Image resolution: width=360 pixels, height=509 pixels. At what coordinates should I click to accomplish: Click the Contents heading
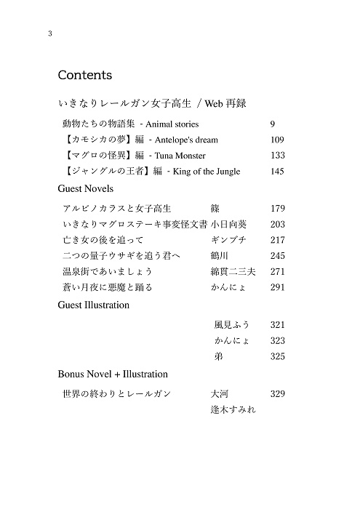pyautogui.click(x=84, y=75)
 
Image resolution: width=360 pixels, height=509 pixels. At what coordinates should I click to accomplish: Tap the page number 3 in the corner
pyautogui.click(x=49, y=34)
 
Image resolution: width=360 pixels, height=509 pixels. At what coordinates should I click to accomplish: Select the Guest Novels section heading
pyautogui.click(x=85, y=188)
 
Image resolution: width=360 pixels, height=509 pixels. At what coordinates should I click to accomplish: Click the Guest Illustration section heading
pyautogui.click(x=93, y=305)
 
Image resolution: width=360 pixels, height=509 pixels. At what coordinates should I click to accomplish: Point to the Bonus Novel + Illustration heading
pyautogui.click(x=113, y=374)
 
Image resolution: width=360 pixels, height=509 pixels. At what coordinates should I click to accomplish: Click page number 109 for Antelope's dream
pyautogui.click(x=276, y=140)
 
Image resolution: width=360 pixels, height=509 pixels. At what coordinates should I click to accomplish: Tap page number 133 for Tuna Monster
pyautogui.click(x=276, y=156)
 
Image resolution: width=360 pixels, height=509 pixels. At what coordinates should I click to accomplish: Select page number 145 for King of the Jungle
pyautogui.click(x=276, y=172)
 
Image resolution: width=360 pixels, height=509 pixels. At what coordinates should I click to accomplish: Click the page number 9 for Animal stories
pyautogui.click(x=272, y=124)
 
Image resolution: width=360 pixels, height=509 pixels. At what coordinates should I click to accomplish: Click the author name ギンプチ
pyautogui.click(x=227, y=240)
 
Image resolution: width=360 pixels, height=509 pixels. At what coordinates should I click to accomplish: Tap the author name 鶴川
pyautogui.click(x=220, y=256)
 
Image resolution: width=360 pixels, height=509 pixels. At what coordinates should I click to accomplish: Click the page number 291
pyautogui.click(x=277, y=288)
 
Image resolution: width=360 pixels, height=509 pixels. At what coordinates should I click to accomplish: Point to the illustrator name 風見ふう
pyautogui.click(x=232, y=324)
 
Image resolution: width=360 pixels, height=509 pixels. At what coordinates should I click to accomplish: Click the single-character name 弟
pyautogui.click(x=218, y=356)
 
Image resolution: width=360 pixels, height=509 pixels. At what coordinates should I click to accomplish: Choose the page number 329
pyautogui.click(x=277, y=393)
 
